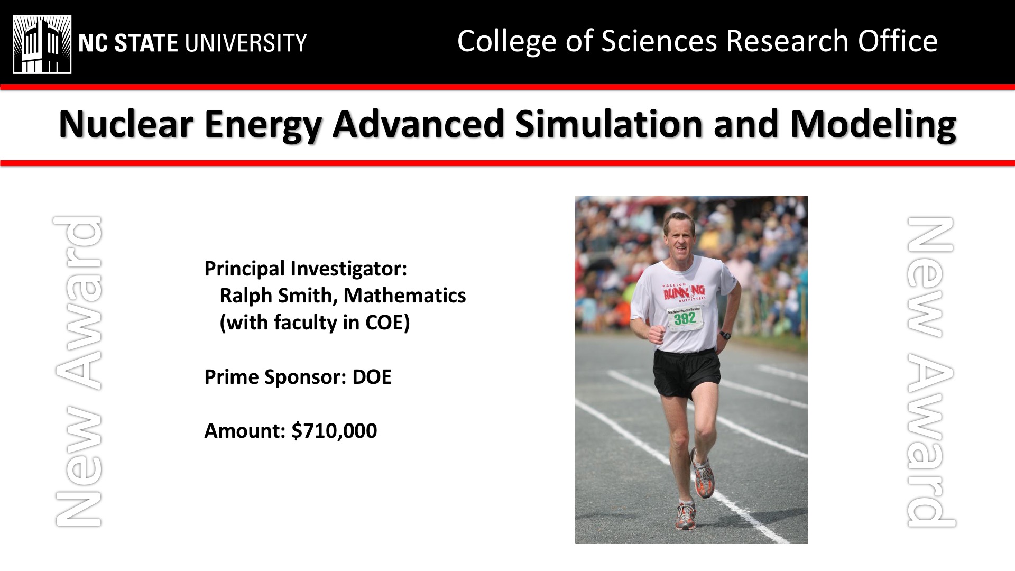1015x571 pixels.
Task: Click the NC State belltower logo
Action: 42,44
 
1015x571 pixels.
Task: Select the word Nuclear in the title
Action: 125,124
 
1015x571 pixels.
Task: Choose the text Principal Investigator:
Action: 306,269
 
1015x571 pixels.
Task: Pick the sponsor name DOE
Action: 372,377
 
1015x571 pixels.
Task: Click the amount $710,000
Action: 334,431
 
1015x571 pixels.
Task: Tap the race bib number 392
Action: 685,318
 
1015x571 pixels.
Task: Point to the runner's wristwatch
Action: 725,335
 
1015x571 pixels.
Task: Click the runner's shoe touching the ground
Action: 685,515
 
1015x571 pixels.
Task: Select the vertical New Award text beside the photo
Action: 931,372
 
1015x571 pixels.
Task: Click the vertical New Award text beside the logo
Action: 78,371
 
